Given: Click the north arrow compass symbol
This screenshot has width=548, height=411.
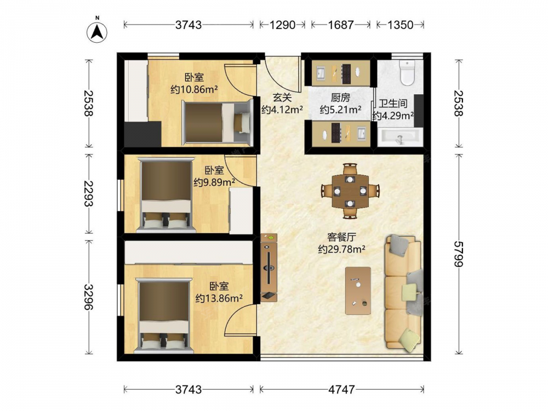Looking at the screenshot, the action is (x=97, y=32).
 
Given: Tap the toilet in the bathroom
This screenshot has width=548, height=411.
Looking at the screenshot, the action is (x=407, y=73).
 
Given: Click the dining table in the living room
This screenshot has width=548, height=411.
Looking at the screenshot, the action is (x=350, y=191).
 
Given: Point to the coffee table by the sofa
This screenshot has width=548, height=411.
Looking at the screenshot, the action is (x=358, y=291).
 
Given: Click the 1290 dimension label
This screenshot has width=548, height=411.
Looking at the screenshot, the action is (x=282, y=25).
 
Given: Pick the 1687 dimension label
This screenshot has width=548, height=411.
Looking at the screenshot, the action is (x=341, y=25).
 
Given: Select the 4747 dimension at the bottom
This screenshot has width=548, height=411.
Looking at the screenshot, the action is (x=342, y=389).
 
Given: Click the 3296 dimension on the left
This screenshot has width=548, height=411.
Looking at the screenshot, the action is (x=89, y=296).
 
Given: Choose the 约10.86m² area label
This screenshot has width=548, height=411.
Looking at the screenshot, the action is (x=195, y=89).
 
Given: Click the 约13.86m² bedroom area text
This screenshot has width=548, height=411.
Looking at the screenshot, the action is (x=219, y=298).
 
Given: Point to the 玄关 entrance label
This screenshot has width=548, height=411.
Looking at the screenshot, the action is (x=282, y=97).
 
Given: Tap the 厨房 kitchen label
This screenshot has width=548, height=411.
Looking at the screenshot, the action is (x=340, y=98).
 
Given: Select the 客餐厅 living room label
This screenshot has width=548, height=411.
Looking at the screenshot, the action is (x=342, y=237).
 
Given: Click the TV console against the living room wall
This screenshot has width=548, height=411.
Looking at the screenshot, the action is (x=269, y=268).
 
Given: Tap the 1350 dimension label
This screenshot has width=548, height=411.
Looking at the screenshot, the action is (x=400, y=25).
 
